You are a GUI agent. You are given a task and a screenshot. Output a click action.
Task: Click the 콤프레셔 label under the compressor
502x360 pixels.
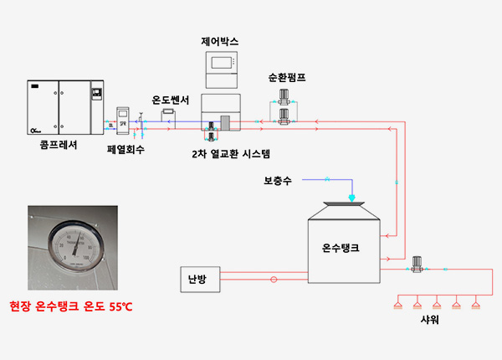[x=58, y=143]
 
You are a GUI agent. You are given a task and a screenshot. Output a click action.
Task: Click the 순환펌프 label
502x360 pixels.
[x=287, y=77]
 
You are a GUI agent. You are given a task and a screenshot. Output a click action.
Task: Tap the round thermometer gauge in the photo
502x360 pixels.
[x=74, y=248]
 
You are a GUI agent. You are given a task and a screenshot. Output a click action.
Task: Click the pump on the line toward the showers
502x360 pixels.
[x=416, y=265]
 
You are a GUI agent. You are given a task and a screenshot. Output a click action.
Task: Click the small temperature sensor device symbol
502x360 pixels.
[x=168, y=111]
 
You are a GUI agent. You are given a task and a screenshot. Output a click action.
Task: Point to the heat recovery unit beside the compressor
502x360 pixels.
[x=123, y=121]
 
